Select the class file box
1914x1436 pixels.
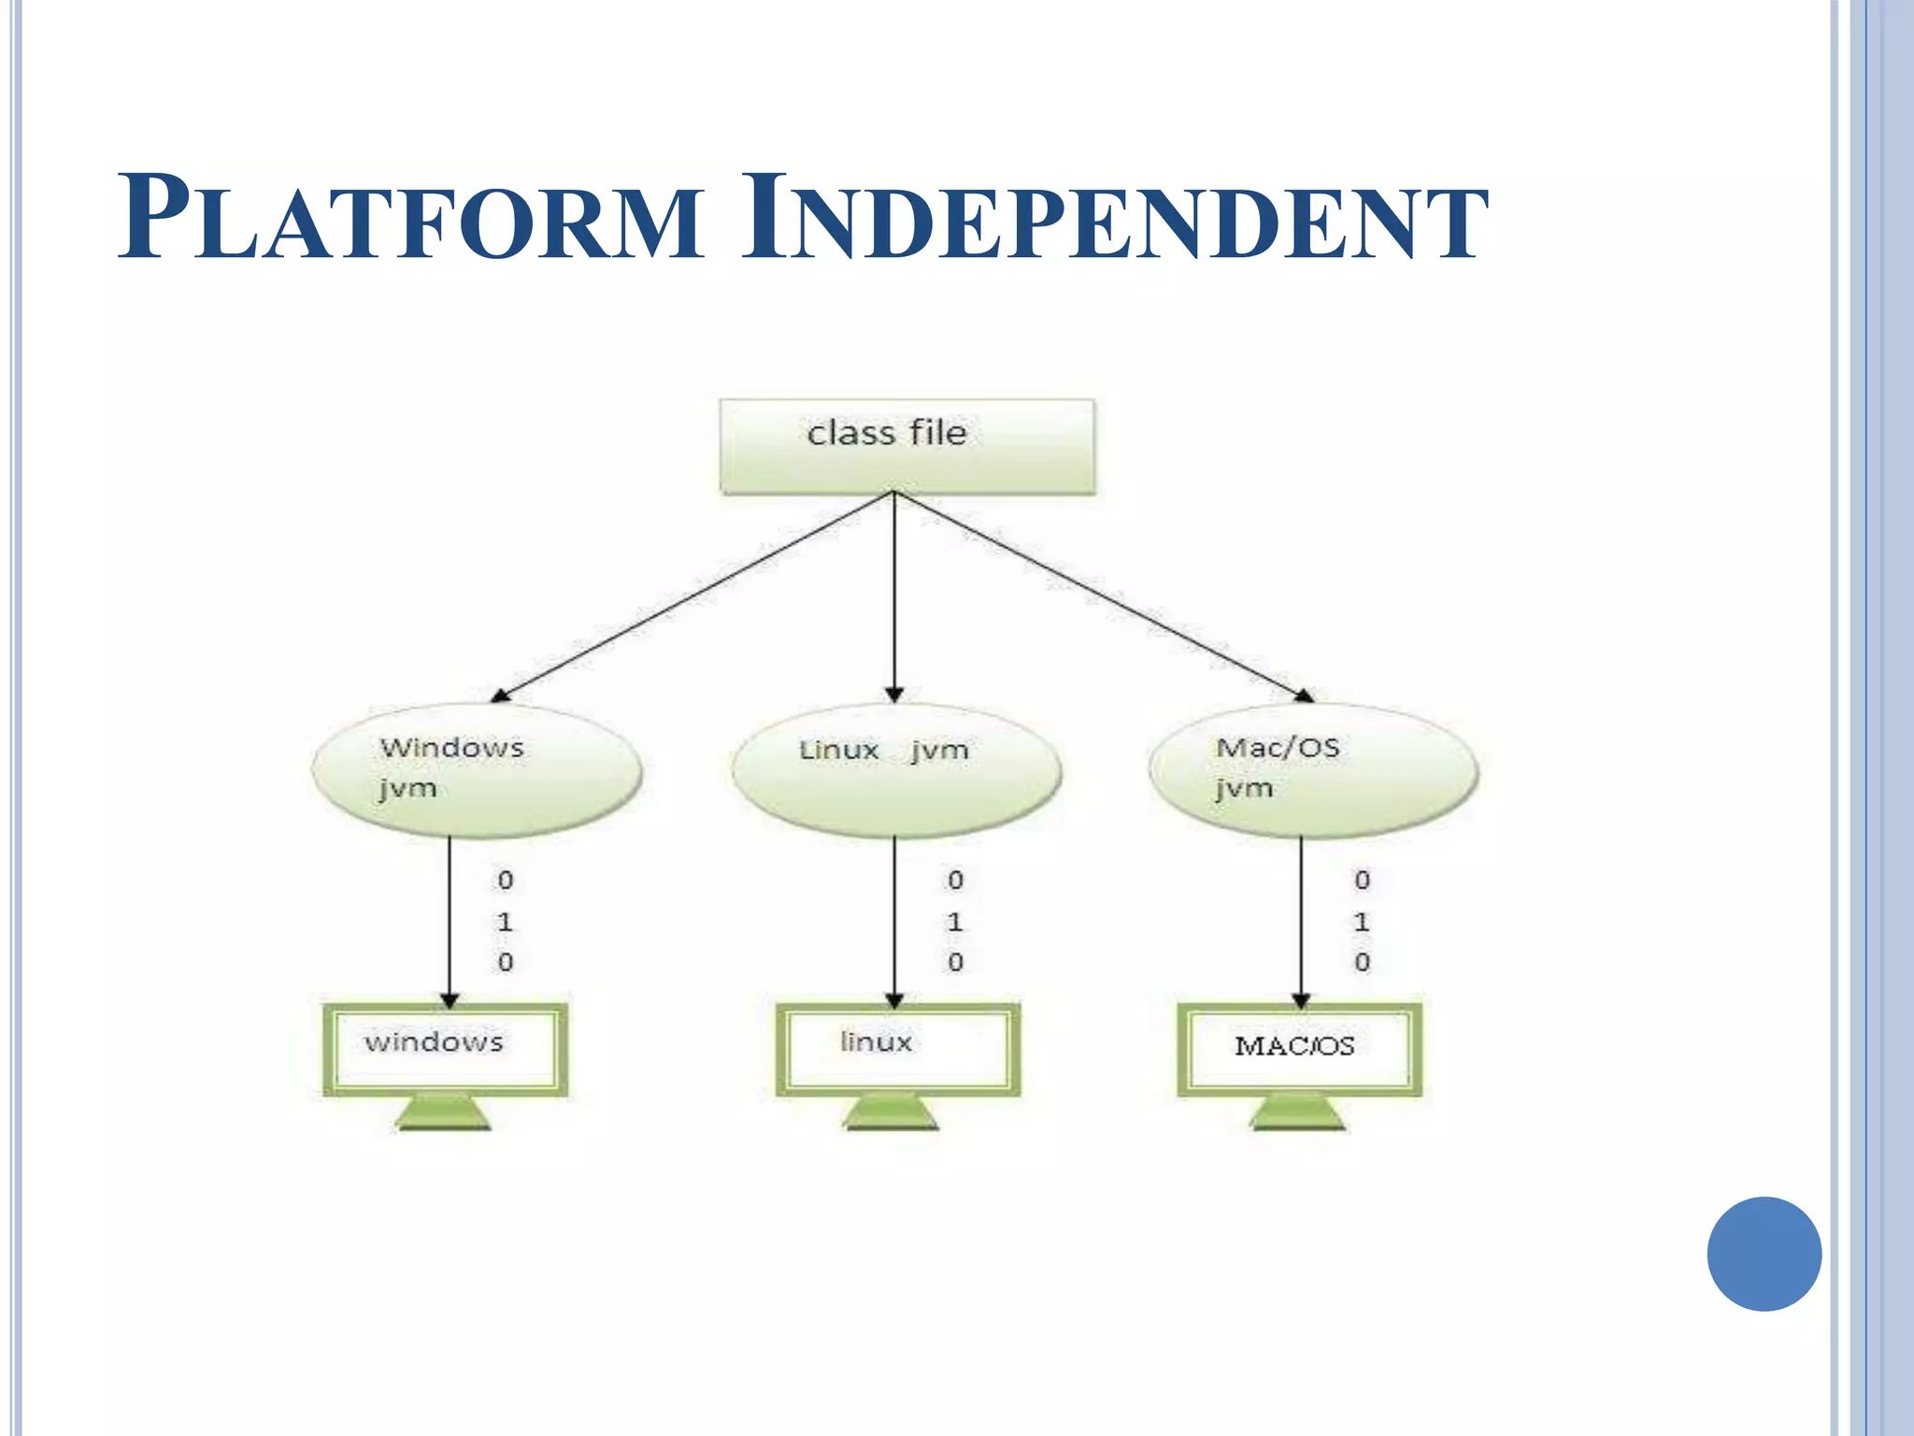[x=907, y=445]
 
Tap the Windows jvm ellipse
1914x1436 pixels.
[x=477, y=769]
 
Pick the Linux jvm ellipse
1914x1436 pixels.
[x=896, y=769]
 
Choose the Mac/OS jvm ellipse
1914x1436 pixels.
[x=1313, y=769]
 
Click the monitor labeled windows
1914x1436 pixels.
[x=446, y=1049]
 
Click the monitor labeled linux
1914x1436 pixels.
[x=898, y=1049]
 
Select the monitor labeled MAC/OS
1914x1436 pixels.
[x=1299, y=1049]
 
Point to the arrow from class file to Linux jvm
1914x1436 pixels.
[x=894, y=598]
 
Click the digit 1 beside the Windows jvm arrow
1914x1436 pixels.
[x=505, y=922]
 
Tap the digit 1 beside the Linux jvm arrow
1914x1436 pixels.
[x=954, y=922]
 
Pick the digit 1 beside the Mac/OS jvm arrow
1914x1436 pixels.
[x=1362, y=922]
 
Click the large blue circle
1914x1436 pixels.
[x=1764, y=1254]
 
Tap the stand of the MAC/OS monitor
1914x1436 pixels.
[x=1298, y=1114]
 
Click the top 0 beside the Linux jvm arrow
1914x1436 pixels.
[x=954, y=880]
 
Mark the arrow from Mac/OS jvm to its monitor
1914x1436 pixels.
[x=1301, y=921]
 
